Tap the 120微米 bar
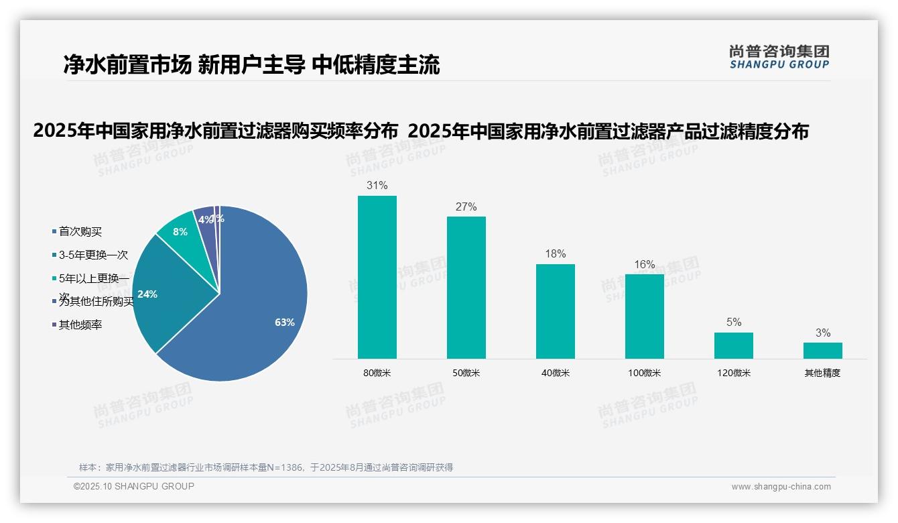pyautogui.click(x=733, y=345)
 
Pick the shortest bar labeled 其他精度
pyautogui.click(x=822, y=350)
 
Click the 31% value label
pyautogui.click(x=377, y=185)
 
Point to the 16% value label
pyautogui.click(x=644, y=264)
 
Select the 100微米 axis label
pyautogui.click(x=644, y=373)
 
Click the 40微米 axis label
pyautogui.click(x=555, y=373)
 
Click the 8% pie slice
pyautogui.click(x=180, y=232)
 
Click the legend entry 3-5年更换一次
pyautogui.click(x=93, y=255)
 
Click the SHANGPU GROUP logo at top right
pyautogui.click(x=779, y=57)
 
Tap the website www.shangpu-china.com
pyautogui.click(x=781, y=487)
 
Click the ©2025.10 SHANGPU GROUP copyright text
pyautogui.click(x=134, y=486)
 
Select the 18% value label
pyautogui.click(x=555, y=253)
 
